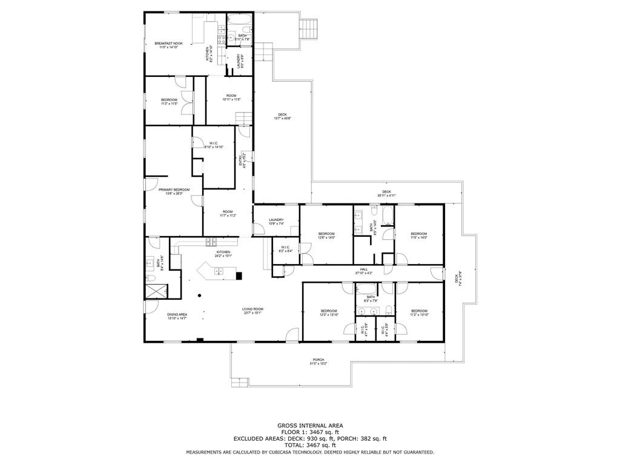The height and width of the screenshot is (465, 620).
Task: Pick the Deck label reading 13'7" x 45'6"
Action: tap(282, 116)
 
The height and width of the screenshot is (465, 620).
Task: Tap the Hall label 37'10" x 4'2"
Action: tap(364, 271)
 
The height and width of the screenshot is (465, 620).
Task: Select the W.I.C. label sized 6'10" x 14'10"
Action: tap(214, 145)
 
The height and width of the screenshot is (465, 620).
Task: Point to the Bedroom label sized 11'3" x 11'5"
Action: tap(169, 101)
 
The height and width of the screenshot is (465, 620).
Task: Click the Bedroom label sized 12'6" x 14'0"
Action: tap(327, 236)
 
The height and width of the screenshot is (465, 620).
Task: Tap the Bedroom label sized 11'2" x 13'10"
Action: tap(419, 312)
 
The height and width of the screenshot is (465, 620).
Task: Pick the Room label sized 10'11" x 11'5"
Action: tap(231, 97)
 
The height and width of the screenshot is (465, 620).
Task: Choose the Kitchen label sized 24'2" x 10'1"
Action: tap(223, 254)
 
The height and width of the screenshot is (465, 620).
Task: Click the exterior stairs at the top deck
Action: tap(309, 28)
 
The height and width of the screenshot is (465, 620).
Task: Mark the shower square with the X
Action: tap(154, 291)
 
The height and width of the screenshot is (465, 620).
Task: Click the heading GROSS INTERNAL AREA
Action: tap(309, 426)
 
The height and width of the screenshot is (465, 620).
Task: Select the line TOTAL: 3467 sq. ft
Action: tap(309, 445)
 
